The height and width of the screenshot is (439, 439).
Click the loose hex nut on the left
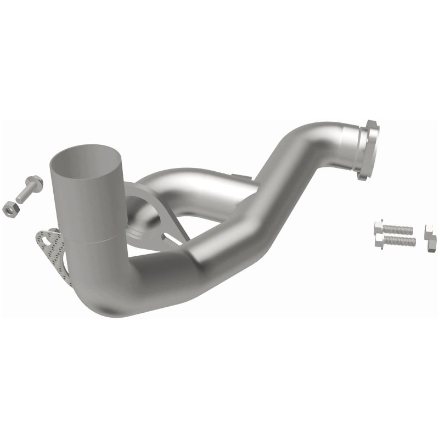(x=9, y=209)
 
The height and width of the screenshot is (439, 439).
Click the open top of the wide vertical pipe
(x=85, y=156)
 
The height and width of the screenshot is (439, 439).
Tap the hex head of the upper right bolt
(x=379, y=226)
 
